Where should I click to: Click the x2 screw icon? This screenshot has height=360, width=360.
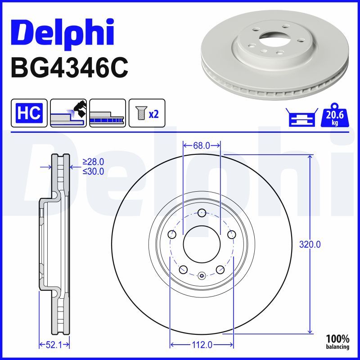click(x=147, y=112)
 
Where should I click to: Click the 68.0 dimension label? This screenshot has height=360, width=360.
click(x=201, y=145)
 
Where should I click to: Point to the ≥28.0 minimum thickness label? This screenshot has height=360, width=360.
click(x=93, y=162)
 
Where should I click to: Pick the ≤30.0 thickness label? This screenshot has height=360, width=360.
click(x=93, y=171)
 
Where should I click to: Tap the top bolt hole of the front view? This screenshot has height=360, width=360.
click(x=201, y=213)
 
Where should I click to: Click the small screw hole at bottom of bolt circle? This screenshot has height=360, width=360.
click(x=201, y=275)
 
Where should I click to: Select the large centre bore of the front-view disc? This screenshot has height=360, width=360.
click(x=201, y=245)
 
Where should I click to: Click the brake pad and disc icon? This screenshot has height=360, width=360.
click(x=68, y=112)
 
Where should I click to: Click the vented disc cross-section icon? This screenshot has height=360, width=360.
click(x=107, y=112)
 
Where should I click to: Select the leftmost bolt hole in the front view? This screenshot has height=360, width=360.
click(x=172, y=234)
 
